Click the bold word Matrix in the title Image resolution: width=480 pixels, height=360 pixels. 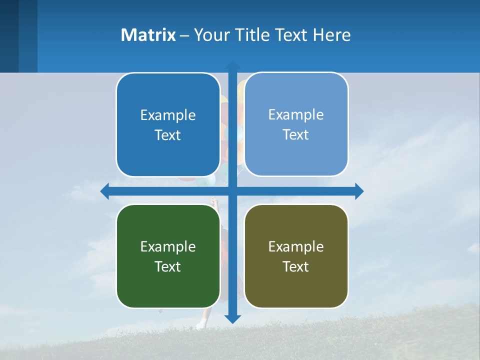[148, 35]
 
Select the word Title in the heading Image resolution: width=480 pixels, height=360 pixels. [253, 35]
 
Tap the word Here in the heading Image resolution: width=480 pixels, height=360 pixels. [332, 35]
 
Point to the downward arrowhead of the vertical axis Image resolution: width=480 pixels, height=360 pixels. [232, 318]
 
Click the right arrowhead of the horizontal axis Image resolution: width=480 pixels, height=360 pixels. [359, 191]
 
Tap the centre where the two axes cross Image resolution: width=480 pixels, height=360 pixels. [232, 191]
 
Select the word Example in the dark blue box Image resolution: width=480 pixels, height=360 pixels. [168, 115]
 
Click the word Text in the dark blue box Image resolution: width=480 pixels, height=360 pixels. [168, 135]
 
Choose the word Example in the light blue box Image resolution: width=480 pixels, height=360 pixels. [296, 114]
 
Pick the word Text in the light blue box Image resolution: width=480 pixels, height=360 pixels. [296, 134]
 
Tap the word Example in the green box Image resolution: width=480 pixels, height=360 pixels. [168, 246]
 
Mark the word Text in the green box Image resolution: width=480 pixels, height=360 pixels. [168, 266]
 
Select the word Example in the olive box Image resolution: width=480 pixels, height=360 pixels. [296, 246]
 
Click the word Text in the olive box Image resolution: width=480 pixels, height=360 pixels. [296, 266]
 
